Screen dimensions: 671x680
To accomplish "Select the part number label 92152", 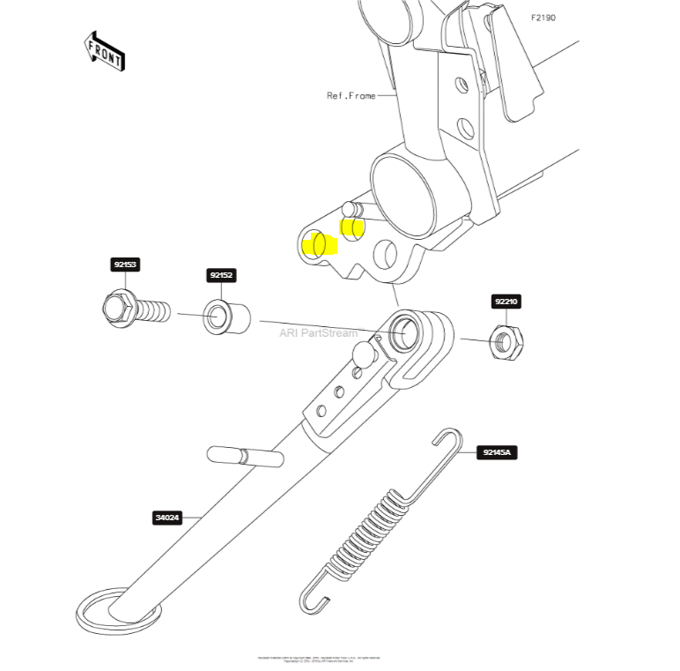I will coord(221,276).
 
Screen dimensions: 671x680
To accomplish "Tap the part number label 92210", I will coord(506,302).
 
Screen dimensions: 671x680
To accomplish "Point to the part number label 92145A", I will coord(499,453).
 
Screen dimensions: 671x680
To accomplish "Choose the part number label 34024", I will coord(167,518).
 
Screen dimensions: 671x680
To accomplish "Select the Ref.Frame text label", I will coord(351,95).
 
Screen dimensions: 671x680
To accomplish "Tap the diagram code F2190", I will coord(543,18).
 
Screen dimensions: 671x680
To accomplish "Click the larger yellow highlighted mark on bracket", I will coord(319,243).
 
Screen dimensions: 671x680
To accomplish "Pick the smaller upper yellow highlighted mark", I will coord(351,228).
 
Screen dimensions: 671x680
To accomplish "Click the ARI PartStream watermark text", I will coord(319,333).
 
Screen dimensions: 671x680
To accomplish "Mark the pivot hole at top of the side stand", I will coord(406,332).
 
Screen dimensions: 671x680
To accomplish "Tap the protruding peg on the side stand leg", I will coord(245,458).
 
